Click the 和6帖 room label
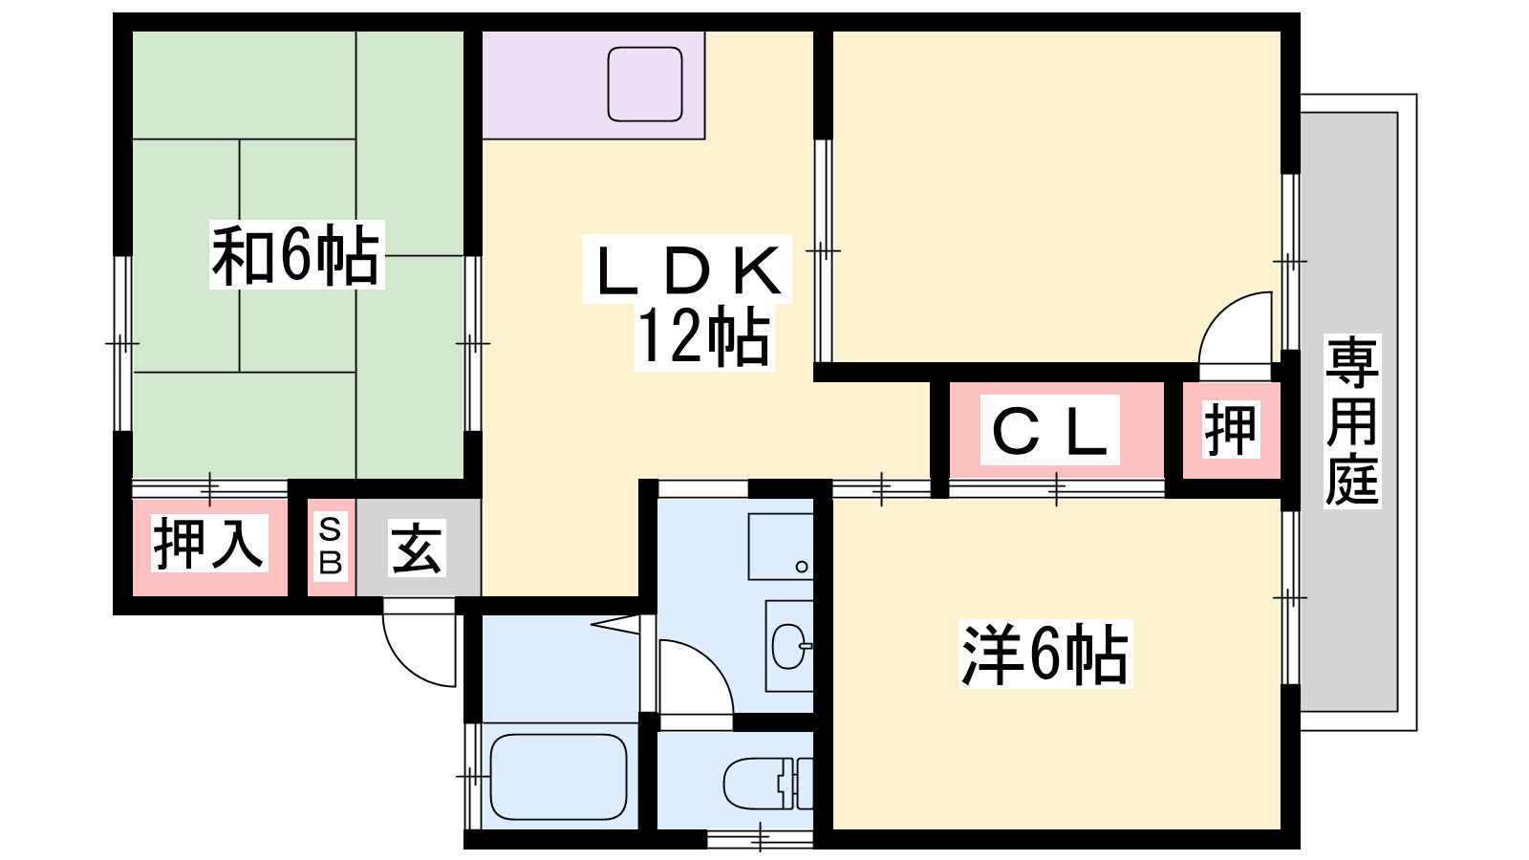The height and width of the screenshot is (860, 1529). tap(295, 254)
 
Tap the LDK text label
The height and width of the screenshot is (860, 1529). tap(688, 270)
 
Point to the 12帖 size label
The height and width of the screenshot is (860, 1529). tap(703, 336)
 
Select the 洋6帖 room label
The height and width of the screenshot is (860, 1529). tap(1045, 654)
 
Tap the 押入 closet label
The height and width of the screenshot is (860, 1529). tap(209, 544)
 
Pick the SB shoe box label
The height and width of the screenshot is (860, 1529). tap(331, 546)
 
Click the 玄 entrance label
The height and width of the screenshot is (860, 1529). tap(417, 548)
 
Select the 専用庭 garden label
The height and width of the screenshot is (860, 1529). tap(1352, 421)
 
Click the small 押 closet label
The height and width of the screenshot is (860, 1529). tap(1230, 429)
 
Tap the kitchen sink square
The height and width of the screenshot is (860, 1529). tap(645, 84)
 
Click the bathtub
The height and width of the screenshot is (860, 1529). tap(558, 777)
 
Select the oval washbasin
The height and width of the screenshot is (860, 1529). tap(790, 646)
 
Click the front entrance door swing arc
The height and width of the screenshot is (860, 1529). tap(419, 645)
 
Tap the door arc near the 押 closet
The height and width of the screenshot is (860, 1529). tap(1236, 329)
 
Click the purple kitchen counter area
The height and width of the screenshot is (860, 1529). tap(593, 85)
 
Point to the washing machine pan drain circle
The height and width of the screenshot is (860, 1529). tap(802, 567)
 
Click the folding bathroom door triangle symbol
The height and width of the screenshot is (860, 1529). tap(615, 624)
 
